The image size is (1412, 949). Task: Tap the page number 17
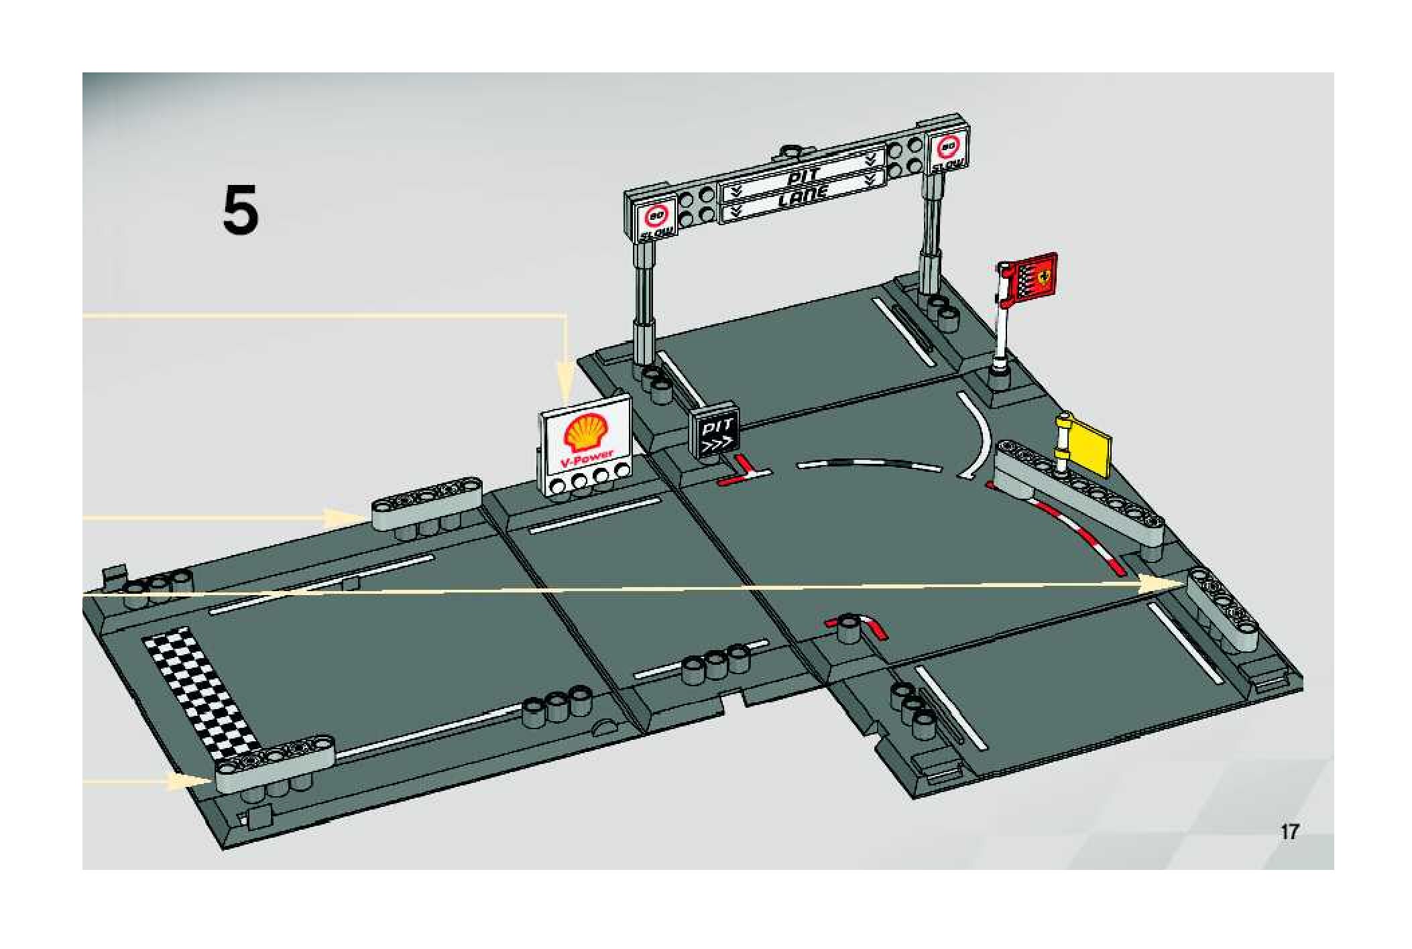1289,832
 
